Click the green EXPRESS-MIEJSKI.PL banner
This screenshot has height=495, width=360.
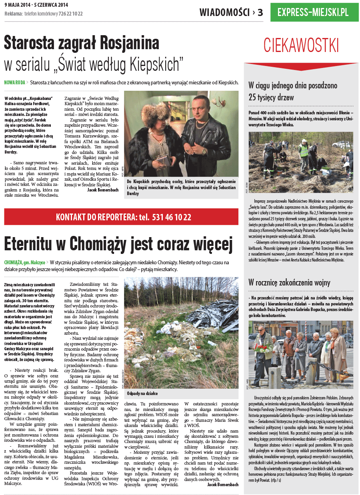[314, 12]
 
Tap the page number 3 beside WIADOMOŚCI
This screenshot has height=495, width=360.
[260, 12]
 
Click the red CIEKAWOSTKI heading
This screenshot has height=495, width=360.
[301, 45]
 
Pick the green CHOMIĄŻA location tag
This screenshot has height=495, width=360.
[15, 262]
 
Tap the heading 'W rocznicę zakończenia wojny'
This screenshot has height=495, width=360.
[289, 283]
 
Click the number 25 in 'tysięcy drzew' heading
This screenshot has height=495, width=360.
[254, 97]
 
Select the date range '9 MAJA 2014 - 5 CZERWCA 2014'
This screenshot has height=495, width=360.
[36, 5]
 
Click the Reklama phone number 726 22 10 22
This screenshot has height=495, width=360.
[70, 14]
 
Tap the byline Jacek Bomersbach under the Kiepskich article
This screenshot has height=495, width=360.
[103, 190]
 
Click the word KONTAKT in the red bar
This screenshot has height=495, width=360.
[71, 217]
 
